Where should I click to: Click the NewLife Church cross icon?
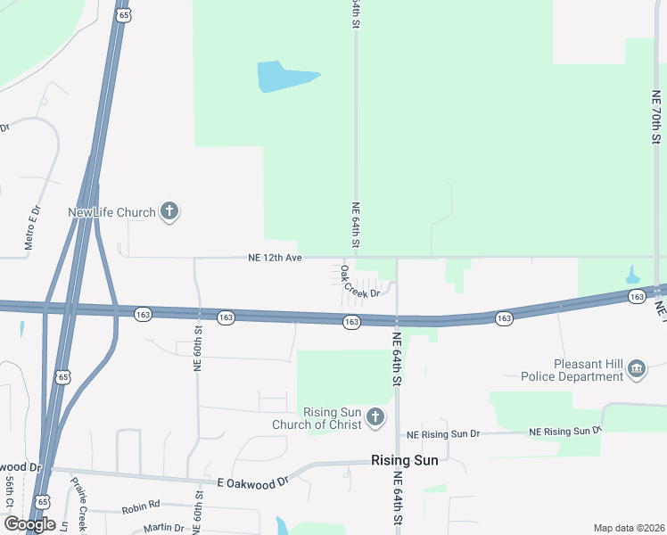[169, 212]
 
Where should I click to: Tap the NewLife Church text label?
[111, 212]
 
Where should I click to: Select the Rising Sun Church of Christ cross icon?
[375, 416]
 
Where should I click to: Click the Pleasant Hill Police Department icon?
[636, 368]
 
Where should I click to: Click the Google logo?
[29, 524]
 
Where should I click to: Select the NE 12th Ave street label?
[276, 258]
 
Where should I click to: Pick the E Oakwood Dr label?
[253, 481]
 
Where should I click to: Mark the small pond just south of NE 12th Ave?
[632, 275]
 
